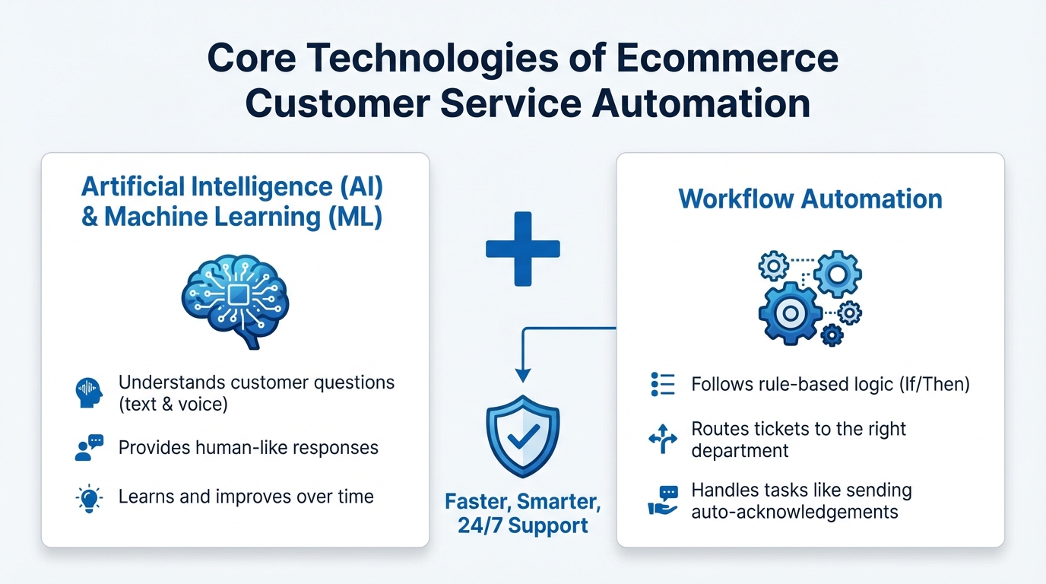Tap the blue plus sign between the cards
(523, 249)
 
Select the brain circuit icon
(235, 298)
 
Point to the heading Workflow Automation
(810, 199)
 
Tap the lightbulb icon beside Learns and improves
(90, 498)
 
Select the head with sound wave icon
(89, 392)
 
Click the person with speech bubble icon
(89, 447)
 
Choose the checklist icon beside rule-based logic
(663, 385)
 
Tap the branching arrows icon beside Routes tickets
(662, 440)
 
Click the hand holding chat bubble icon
(662, 500)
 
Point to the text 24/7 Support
(523, 525)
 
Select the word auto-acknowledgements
(794, 512)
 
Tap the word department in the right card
(740, 451)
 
